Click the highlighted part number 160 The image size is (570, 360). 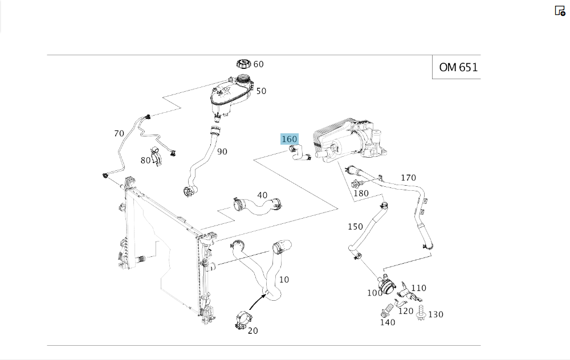tap(290, 139)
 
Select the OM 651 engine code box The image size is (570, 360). tap(458, 67)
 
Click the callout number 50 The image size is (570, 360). tap(261, 91)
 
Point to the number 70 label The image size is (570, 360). tap(119, 134)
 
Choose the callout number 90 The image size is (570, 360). tap(222, 152)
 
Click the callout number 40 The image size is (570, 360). tap(262, 195)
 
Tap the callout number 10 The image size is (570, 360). tap(284, 280)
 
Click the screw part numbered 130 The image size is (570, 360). tap(422, 313)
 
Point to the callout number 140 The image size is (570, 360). tap(388, 322)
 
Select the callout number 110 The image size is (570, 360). tap(419, 288)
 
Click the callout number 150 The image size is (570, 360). tap(355, 227)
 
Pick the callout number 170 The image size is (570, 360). tap(408, 178)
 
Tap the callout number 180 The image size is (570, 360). tap(361, 193)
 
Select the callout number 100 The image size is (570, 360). tap(374, 293)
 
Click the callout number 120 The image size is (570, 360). tap(405, 310)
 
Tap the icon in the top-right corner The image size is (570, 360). tap(560, 11)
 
